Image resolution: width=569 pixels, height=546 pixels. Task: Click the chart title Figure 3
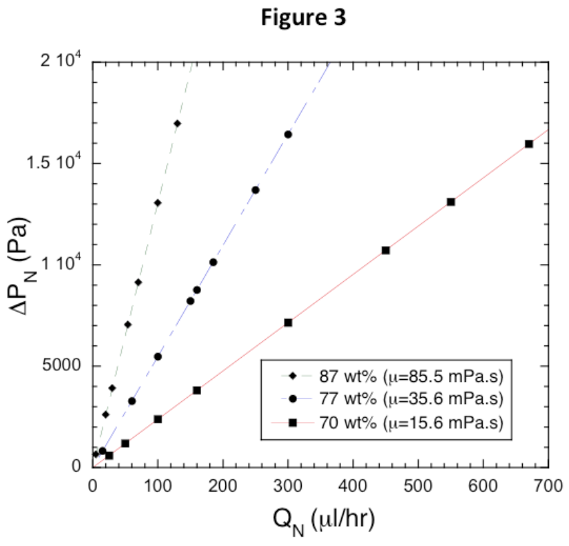point(303,19)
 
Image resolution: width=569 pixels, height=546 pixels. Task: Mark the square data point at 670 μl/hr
point(529,144)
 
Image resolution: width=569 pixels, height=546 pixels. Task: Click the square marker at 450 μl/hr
point(386,250)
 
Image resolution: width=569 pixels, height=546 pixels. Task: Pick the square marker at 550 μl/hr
point(451,202)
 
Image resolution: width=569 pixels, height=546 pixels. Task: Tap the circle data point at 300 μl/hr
point(288,134)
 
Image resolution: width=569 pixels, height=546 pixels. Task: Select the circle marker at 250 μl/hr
point(256,190)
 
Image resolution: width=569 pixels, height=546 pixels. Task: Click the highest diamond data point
point(177,123)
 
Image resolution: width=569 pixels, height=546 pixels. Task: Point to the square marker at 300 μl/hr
point(288,323)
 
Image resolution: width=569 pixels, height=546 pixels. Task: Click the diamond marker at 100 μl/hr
point(158,203)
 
